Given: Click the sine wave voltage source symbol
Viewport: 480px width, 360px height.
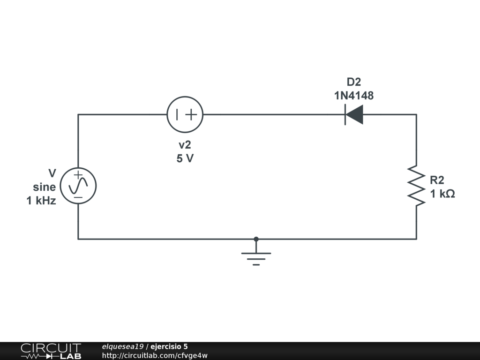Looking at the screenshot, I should pos(78,186).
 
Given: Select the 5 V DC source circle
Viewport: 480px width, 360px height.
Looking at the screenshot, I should pos(185,115).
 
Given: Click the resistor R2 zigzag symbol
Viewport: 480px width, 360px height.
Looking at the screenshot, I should pos(416,185).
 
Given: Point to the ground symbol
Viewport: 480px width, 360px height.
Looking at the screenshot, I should pos(256,257).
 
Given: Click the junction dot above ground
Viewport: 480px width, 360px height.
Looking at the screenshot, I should pos(256,239).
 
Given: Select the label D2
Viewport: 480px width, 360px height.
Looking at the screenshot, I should pos(354,82).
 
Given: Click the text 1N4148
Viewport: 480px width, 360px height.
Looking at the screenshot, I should pos(354,96).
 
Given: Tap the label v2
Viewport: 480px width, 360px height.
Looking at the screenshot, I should pos(185,145).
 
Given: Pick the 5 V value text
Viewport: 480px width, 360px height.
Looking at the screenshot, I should pos(185,158).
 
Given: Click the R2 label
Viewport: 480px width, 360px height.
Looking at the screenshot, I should pos(437,180).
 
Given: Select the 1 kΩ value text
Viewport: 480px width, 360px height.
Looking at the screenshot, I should pos(442,194).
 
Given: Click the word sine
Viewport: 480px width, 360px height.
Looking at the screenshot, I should pos(45,187).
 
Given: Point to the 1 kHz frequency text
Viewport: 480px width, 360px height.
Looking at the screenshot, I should pos(41,201).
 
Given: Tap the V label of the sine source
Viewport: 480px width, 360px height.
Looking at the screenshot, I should pos(52,173).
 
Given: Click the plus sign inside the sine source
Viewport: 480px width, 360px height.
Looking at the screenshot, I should pos(78,174).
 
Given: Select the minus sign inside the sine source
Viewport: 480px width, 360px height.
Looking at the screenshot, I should pos(78,197).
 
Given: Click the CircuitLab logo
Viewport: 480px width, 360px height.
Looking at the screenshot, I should pos(51,351).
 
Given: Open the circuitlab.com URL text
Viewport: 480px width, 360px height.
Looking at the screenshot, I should pos(155,355).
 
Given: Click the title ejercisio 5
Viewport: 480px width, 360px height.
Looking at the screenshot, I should pos(169,346).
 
